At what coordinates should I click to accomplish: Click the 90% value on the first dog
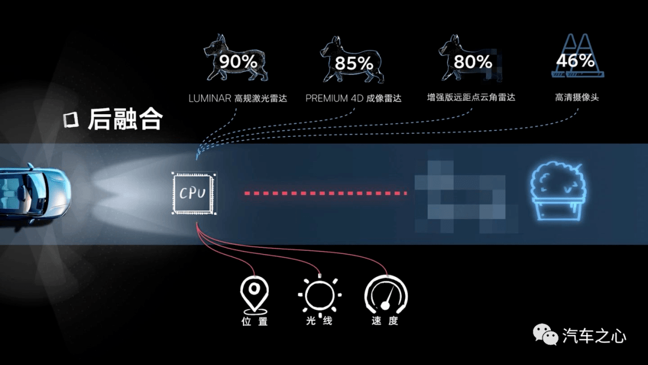238,62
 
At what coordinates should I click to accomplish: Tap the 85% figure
354,63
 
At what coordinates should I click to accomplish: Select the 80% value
473,62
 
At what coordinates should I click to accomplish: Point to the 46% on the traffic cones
575,61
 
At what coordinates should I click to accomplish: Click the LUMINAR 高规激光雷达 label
238,98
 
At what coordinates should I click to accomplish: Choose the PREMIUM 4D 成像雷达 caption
353,98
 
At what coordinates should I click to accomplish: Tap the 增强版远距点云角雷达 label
471,98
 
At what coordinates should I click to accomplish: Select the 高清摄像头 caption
577,98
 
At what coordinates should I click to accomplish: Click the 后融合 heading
125,119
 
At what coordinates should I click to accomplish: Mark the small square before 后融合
71,119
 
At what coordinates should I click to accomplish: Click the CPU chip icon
194,193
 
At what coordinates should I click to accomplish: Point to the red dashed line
326,193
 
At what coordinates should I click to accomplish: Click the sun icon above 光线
320,295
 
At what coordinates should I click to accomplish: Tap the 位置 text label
254,321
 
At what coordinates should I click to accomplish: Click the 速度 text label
385,321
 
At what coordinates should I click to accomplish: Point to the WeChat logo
545,334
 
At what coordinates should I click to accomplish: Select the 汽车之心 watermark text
594,335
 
